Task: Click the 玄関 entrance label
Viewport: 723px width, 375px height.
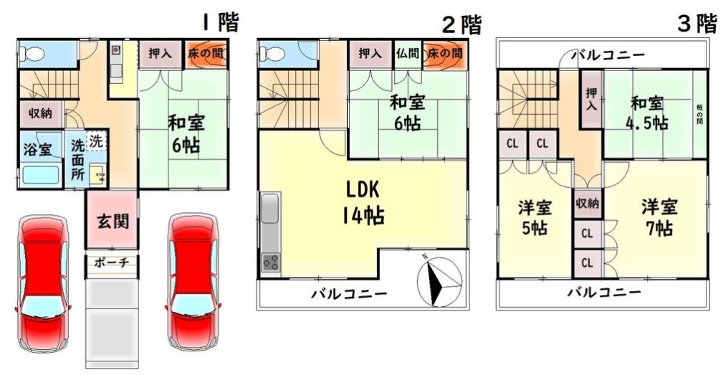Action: point(112,222)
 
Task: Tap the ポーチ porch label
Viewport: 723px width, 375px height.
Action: point(110,262)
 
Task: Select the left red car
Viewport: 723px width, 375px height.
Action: point(42,283)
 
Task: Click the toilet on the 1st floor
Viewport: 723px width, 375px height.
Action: point(32,54)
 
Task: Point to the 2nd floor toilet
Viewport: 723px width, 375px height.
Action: point(272,54)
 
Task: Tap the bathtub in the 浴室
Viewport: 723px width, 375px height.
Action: point(41,175)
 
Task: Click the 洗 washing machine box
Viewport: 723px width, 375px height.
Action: point(96,141)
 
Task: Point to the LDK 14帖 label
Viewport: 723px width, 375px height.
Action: point(363,202)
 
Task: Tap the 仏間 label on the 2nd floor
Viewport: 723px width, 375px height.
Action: point(408,54)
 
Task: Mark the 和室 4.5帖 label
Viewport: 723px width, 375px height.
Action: point(647,113)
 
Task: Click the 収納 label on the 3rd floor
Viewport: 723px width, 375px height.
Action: point(587,202)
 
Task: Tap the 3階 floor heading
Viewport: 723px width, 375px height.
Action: point(696,23)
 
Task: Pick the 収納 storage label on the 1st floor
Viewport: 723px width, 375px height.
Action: point(41,113)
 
